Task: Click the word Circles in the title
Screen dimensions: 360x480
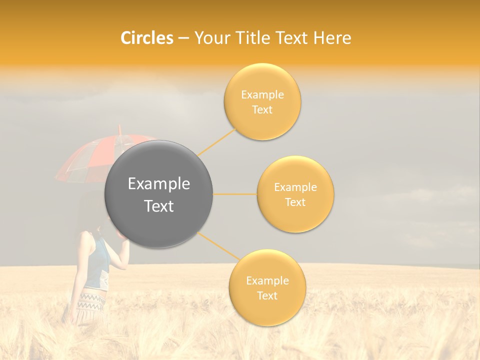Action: (146, 38)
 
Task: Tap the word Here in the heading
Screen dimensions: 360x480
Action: (332, 38)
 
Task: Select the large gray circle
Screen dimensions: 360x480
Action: (158, 194)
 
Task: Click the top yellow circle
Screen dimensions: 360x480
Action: (262, 101)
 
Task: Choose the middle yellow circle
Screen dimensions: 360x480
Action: (295, 194)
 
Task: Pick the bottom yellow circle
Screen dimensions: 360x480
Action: (267, 287)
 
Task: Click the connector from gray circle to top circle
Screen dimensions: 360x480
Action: (217, 142)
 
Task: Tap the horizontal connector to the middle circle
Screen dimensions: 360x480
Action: (235, 194)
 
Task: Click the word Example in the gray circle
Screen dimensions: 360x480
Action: (158, 184)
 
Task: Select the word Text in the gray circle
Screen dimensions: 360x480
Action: (158, 206)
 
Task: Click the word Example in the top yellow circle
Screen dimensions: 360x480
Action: (262, 94)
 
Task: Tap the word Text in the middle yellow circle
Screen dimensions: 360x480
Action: (295, 202)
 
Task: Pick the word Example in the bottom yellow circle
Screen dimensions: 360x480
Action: (267, 280)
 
